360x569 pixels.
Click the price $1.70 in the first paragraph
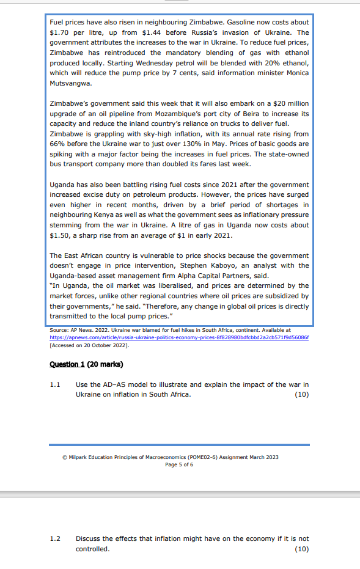[x=59, y=32]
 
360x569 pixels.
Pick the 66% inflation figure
[x=57, y=144]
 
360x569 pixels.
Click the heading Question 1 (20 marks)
[x=86, y=365]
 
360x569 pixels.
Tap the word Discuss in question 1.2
[x=89, y=538]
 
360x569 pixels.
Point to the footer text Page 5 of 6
[x=179, y=464]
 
